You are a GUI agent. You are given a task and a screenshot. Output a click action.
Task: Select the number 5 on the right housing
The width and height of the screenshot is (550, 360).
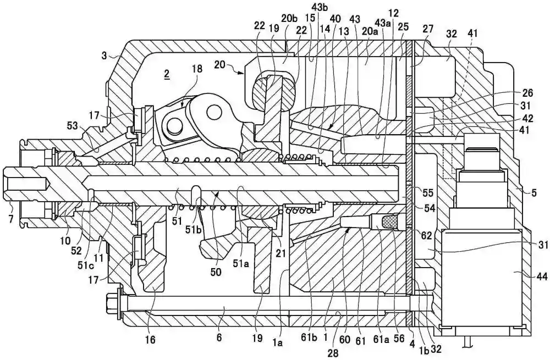[532, 192]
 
